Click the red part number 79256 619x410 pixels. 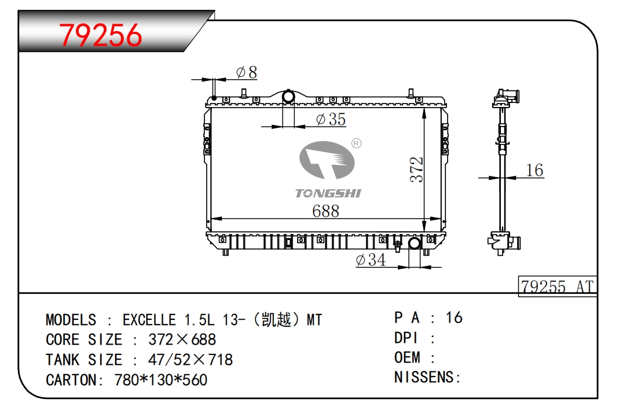point(100,35)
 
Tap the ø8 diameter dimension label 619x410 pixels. point(247,72)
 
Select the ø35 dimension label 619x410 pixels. point(331,119)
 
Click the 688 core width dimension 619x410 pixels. point(325,211)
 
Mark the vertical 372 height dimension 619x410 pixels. point(416,169)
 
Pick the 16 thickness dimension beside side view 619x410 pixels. point(534,170)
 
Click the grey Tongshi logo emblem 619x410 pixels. point(327,160)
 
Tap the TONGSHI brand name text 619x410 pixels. point(328,193)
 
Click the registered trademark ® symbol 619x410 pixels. point(356,143)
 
